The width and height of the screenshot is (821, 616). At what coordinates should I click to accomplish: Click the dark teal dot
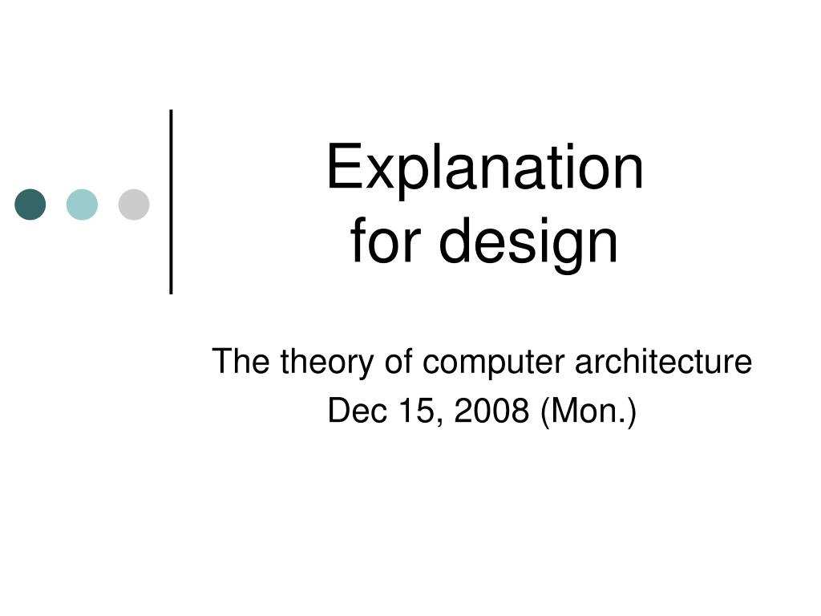point(30,205)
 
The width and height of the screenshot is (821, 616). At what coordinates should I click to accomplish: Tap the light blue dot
point(83,205)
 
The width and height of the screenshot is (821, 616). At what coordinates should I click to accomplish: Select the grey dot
point(134,205)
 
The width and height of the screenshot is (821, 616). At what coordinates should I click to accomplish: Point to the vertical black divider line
point(172,201)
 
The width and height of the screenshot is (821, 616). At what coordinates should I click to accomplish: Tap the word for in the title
point(386,241)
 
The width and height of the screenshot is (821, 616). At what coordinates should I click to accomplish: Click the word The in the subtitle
point(241,361)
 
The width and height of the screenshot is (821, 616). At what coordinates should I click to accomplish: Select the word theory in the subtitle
point(327,363)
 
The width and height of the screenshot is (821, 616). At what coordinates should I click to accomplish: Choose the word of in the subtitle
point(398,361)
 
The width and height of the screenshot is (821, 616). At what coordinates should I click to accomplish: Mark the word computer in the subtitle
point(494,363)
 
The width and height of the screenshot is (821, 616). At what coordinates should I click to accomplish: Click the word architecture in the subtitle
point(663,361)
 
